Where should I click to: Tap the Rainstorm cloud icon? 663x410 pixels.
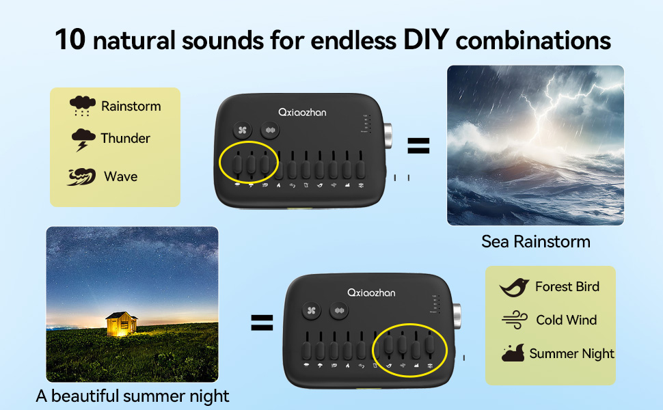83,106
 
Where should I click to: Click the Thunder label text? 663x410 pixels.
125,138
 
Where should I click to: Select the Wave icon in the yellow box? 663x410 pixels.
82,176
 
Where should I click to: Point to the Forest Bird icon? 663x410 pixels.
514,287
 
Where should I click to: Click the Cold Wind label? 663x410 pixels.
566,320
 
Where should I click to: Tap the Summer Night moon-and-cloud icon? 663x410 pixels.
513,353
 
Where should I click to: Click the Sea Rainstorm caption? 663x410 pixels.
535,241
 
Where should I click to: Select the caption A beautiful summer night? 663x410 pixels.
132,396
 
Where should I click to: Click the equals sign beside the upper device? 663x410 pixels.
418,145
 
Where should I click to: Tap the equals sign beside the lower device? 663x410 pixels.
261,323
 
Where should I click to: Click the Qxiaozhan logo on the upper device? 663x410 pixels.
302,111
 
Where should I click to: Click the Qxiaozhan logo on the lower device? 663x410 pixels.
370,292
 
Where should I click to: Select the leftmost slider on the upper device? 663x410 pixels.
237,164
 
